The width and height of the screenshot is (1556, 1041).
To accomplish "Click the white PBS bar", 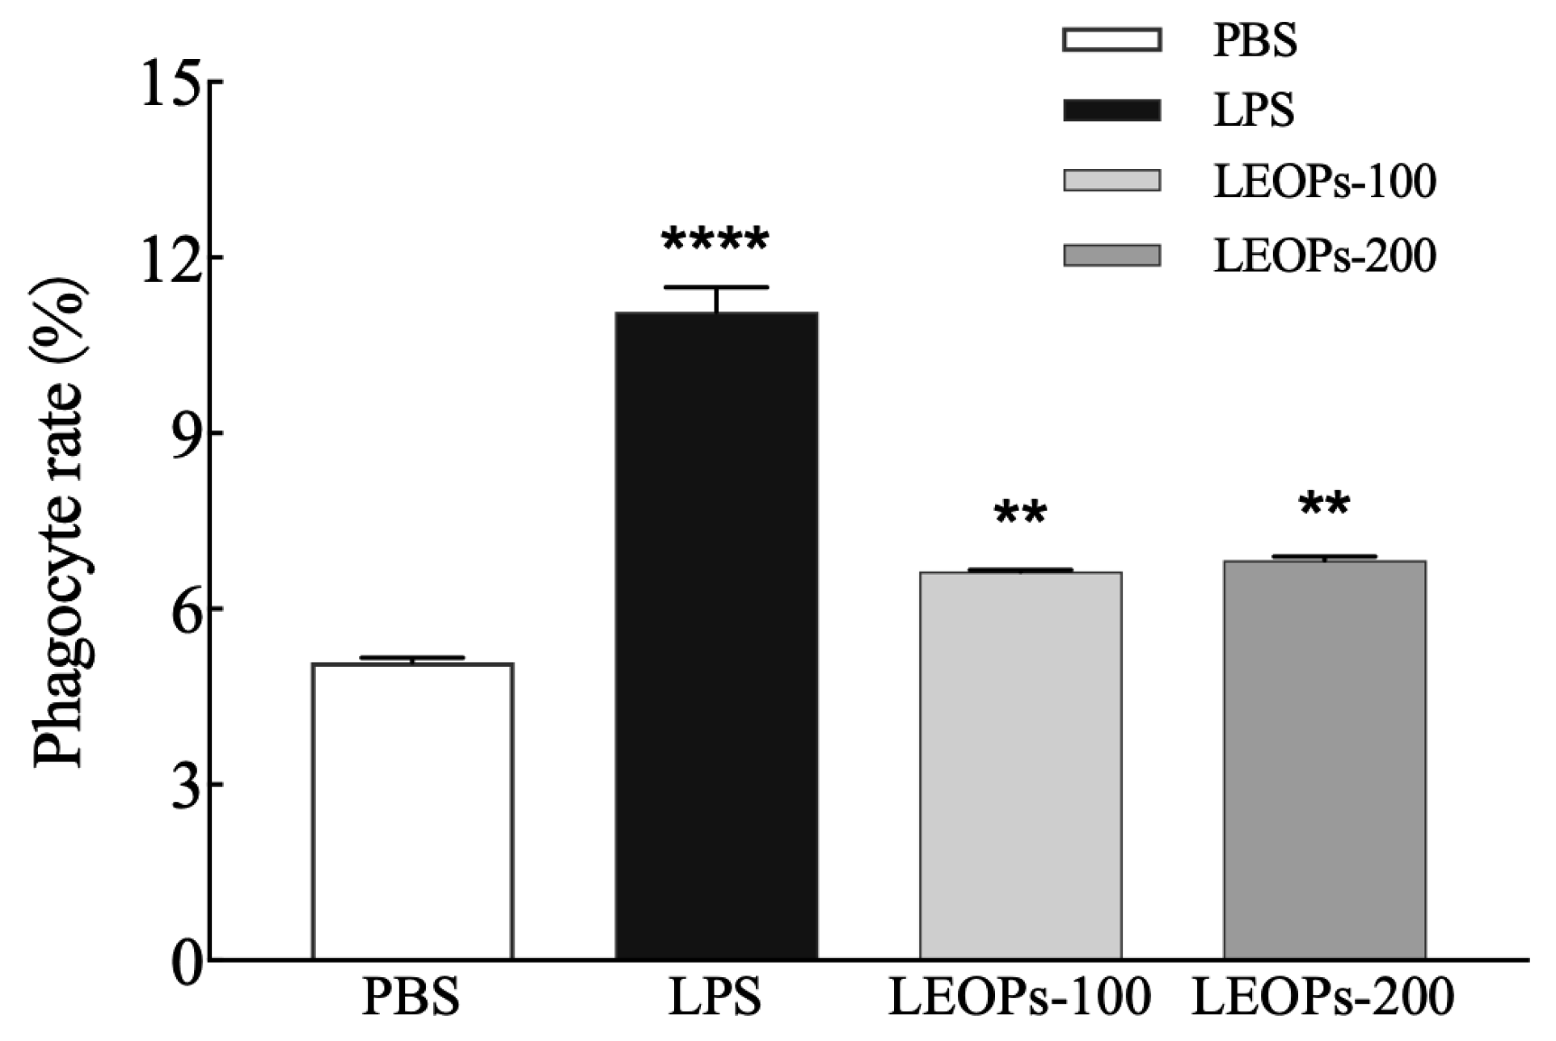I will click(x=412, y=811).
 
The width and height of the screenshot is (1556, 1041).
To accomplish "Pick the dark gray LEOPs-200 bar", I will click(x=1324, y=760).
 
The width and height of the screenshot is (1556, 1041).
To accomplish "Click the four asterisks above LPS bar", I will click(x=715, y=241).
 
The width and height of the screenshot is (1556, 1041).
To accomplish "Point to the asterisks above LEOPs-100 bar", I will click(x=1021, y=514).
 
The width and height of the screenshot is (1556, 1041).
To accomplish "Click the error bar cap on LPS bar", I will click(x=716, y=288).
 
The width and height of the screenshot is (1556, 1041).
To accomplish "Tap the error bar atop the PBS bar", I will click(x=412, y=658).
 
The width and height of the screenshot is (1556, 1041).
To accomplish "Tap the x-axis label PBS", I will click(x=411, y=998).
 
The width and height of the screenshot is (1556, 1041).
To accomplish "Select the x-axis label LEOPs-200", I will click(x=1323, y=998).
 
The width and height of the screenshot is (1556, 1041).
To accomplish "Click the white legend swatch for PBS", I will click(x=1111, y=40).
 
